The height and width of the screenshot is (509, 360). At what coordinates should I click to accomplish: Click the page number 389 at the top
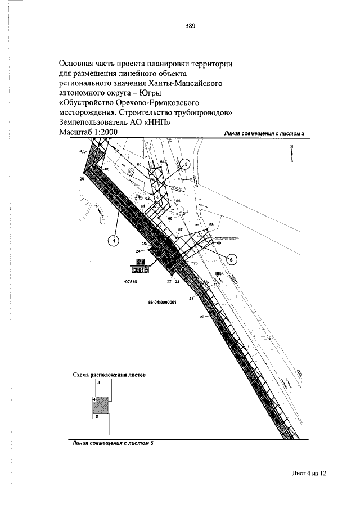[189, 25]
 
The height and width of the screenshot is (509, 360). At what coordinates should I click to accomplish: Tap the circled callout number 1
[114, 241]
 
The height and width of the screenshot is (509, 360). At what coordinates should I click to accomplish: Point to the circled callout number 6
[233, 259]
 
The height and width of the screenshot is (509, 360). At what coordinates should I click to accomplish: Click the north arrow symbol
[292, 154]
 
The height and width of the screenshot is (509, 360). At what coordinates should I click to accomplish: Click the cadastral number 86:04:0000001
[163, 302]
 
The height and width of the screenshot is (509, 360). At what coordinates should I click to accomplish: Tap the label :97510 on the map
[131, 284]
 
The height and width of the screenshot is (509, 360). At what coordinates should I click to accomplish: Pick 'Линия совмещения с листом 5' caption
[112, 443]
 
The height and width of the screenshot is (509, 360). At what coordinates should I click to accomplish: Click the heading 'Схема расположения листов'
[105, 373]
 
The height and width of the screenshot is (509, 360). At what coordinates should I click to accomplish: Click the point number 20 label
[201, 317]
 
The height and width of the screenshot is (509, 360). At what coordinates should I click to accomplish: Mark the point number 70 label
[195, 263]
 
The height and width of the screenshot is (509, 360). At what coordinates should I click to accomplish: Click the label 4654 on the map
[219, 273]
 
